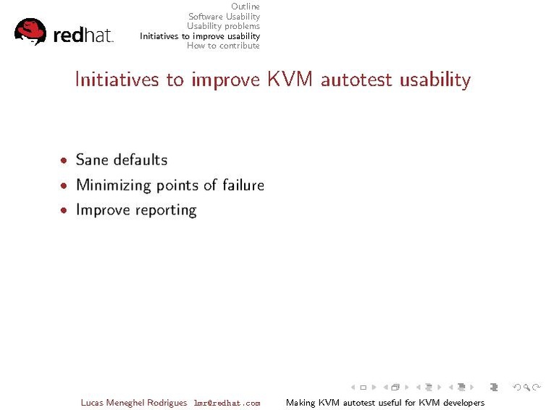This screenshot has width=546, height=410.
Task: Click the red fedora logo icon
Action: [x=30, y=31]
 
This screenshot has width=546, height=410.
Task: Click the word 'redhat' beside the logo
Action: [x=83, y=35]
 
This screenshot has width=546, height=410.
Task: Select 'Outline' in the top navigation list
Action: [x=245, y=7]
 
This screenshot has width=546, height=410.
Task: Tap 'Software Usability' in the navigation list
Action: [x=224, y=16]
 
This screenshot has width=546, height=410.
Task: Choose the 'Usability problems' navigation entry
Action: [x=223, y=26]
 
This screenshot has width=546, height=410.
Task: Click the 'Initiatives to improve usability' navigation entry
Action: [x=200, y=35]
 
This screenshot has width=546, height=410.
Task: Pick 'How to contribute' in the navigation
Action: [x=223, y=46]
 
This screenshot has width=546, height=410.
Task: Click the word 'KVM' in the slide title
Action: [x=290, y=79]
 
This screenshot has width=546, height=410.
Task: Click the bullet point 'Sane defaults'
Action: [x=122, y=160]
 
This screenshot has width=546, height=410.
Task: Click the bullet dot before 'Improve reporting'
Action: [x=64, y=211]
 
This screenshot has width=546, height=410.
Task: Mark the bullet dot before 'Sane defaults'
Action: [x=64, y=161]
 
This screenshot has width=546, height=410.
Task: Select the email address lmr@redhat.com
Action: [x=227, y=403]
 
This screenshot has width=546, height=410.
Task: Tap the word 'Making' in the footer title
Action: [x=300, y=403]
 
